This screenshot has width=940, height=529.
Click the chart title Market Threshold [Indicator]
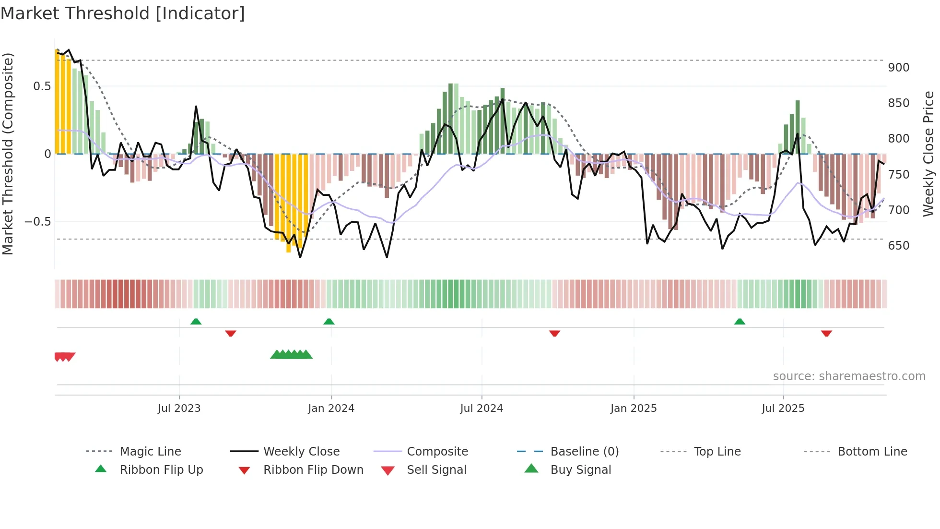click(x=123, y=13)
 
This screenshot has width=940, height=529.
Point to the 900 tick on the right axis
click(x=898, y=68)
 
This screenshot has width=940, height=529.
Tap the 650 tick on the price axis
click(x=898, y=246)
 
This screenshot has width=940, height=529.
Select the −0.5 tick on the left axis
click(x=38, y=222)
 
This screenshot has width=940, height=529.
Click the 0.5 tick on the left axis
click(x=42, y=86)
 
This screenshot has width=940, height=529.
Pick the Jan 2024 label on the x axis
click(x=331, y=409)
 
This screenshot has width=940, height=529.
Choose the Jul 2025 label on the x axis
click(x=783, y=409)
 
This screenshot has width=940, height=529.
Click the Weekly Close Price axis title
click(x=928, y=154)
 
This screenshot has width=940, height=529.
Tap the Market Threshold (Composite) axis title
click(x=8, y=154)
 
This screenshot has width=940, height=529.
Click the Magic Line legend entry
click(x=150, y=452)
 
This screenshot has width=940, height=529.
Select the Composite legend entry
click(x=437, y=452)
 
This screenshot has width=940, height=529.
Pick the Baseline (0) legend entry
click(x=584, y=452)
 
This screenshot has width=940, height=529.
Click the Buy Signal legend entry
click(x=580, y=470)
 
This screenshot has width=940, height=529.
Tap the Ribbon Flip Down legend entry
click(x=313, y=470)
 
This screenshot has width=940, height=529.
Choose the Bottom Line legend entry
click(x=872, y=452)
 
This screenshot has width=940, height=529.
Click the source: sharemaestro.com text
click(x=849, y=376)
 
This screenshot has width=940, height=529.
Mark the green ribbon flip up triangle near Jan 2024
click(x=329, y=322)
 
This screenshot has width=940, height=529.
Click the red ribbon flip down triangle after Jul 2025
click(x=826, y=333)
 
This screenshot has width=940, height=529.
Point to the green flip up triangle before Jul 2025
click(x=740, y=322)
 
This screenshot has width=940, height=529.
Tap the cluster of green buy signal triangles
click(x=292, y=355)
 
